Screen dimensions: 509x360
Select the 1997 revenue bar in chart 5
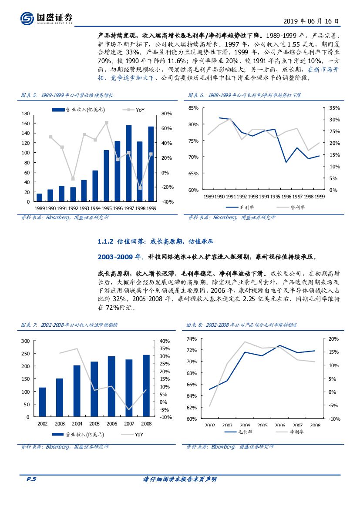(129, 163)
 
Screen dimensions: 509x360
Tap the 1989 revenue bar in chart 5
(40, 198)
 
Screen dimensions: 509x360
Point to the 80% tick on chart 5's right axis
(167, 114)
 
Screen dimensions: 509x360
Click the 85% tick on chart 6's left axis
(193, 108)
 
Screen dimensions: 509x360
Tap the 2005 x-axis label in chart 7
(94, 424)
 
